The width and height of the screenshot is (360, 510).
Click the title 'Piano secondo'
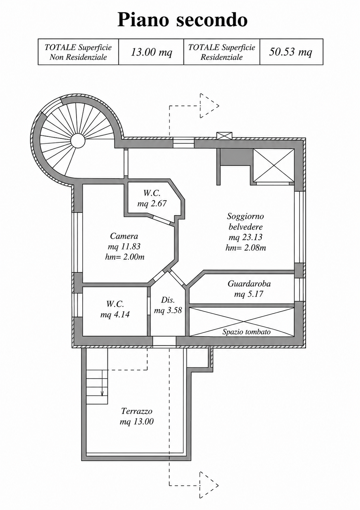point(182,20)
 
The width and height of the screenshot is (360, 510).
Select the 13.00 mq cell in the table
point(151,52)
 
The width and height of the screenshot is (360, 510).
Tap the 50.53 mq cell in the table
point(291,52)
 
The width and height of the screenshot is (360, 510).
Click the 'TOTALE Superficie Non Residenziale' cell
point(78,52)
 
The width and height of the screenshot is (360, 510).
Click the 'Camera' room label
point(124,236)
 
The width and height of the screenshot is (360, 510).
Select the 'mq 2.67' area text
point(152,203)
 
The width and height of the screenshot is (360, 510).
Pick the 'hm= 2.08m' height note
point(246,247)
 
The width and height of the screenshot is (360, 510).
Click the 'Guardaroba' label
point(249,284)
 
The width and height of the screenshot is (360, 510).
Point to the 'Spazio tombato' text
point(246,332)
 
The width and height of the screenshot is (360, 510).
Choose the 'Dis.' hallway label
point(168,300)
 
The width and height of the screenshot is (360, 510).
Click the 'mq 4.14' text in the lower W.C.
point(115,314)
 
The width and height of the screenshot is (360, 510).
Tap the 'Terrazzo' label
point(137,411)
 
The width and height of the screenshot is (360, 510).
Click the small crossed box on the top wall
point(224,136)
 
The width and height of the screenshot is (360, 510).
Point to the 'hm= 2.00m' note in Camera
point(125,257)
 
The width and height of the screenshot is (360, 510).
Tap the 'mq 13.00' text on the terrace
point(137,422)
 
